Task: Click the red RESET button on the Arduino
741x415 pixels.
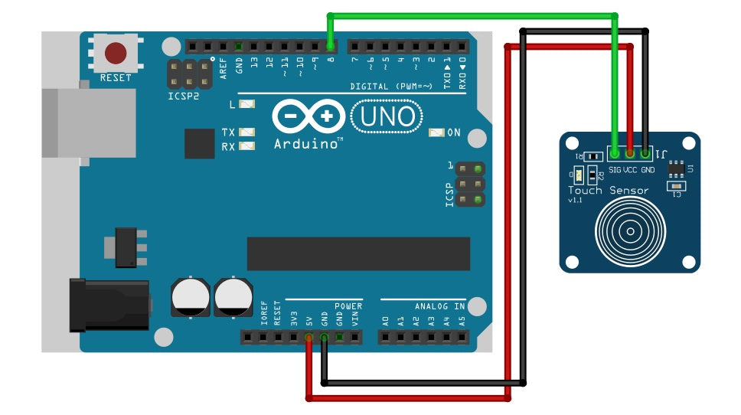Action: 116,53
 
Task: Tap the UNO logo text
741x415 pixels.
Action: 387,116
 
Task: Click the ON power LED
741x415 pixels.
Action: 436,132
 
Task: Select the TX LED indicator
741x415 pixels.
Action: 246,132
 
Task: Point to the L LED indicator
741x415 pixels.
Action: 246,104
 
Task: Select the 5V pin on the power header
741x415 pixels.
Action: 308,338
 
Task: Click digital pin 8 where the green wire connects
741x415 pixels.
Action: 331,46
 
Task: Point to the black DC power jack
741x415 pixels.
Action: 107,305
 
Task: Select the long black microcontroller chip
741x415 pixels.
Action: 357,253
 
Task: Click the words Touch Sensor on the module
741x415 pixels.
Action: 608,190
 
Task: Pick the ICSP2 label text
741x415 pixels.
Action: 183,97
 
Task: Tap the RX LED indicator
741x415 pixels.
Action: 246,146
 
